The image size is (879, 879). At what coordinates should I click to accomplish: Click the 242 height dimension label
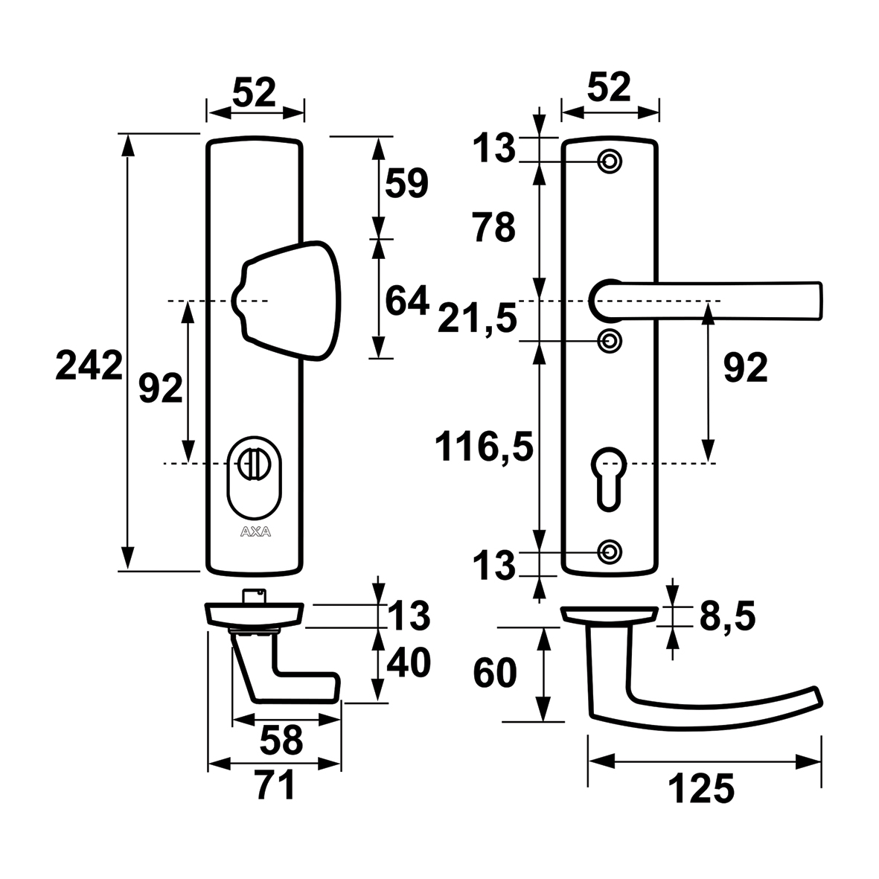88,366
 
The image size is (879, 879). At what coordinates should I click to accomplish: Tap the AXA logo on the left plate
255,531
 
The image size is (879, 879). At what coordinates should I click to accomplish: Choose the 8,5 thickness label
727,616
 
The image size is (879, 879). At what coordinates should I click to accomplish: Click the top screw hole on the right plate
610,161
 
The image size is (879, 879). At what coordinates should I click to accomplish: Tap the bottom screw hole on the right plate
610,552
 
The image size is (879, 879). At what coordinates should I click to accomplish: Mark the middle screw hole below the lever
610,341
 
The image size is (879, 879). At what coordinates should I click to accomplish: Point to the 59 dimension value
406,183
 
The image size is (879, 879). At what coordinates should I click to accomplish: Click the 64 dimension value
406,301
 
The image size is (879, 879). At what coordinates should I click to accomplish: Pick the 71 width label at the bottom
275,786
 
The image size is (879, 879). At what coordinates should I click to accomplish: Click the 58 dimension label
282,740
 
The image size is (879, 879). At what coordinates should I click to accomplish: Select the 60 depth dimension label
494,674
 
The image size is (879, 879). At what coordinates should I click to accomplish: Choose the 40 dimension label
409,663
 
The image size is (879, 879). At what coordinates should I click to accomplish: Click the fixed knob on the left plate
287,301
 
